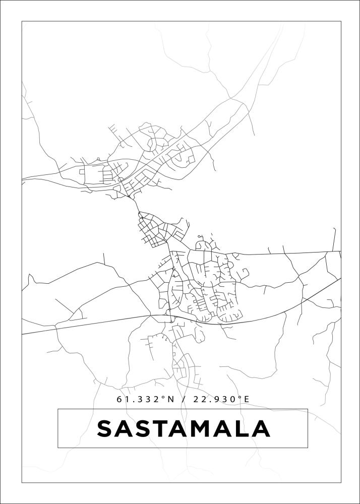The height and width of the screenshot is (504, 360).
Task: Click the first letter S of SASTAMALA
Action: (x=106, y=429)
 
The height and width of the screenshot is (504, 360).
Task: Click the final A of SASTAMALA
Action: (x=261, y=429)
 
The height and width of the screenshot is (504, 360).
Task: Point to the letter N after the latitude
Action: (x=170, y=399)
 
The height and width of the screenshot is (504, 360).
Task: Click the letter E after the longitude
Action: (x=247, y=399)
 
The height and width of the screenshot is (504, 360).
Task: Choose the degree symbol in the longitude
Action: (x=239, y=398)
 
